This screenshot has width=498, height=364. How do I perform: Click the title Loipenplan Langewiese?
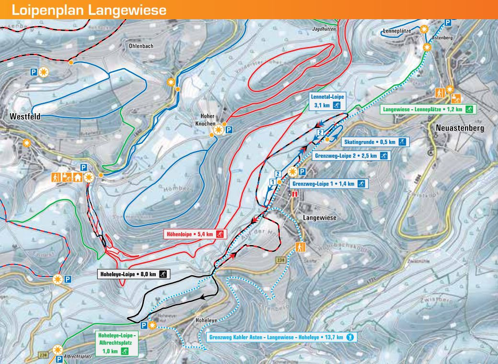89,10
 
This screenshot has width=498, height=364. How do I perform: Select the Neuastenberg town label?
460,128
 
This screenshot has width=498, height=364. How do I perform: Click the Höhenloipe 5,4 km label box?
195,234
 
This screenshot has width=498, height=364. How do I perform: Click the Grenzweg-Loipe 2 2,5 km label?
351,155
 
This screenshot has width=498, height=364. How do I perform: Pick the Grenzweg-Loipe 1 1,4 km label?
329,184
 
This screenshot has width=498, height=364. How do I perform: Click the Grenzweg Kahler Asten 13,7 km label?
282,338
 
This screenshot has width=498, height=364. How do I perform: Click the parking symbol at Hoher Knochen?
229,129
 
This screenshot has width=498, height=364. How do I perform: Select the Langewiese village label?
320,217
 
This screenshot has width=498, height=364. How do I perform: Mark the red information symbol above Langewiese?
295,194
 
